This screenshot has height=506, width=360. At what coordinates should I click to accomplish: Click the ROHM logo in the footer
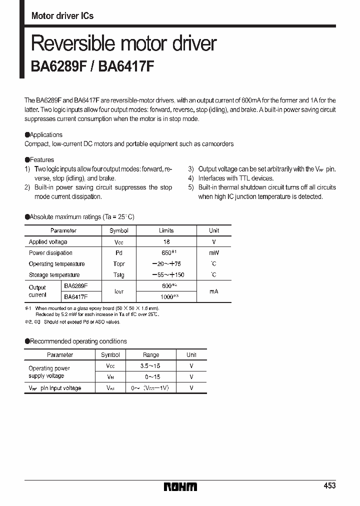tap(180, 486)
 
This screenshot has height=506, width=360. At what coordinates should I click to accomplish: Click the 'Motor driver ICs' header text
tap(62, 16)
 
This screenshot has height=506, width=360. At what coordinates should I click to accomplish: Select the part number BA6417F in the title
tap(126, 66)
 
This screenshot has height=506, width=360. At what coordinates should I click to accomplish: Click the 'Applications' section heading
tap(46, 134)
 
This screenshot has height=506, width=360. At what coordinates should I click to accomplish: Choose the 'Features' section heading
tap(41, 159)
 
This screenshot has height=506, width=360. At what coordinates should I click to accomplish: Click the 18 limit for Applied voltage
tap(166, 241)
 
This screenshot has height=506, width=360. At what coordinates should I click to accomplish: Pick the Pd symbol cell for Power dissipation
tap(119, 253)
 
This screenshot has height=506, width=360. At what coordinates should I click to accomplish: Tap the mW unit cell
tap(214, 253)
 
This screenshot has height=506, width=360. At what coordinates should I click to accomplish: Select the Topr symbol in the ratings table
tap(119, 264)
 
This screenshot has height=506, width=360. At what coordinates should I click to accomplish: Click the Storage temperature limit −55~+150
tap(166, 275)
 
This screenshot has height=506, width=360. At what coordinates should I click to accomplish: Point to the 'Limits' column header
tap(166, 230)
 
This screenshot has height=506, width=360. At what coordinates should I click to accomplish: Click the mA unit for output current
tap(214, 291)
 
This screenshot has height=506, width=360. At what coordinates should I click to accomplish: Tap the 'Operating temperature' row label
tap(56, 264)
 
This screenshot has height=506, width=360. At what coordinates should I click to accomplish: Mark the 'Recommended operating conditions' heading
tap(78, 341)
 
